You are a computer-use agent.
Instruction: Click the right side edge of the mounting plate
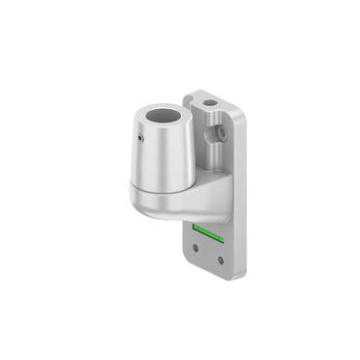[240, 195]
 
